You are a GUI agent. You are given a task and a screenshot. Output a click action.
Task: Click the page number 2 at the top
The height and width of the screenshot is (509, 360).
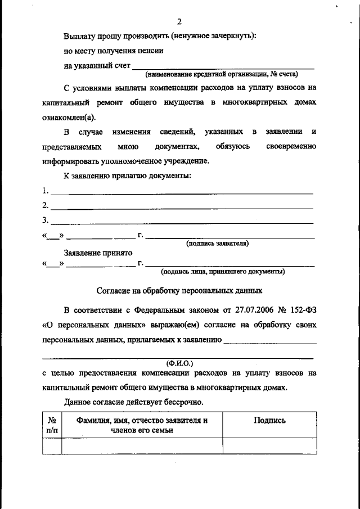point(179,22)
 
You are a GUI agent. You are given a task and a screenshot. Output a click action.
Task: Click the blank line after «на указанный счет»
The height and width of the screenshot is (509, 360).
point(222,67)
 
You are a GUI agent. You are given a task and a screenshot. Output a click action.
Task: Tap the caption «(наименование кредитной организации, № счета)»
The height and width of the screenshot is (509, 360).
point(222,74)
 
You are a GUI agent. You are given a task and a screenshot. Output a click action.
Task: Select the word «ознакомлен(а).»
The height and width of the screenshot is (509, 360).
point(69,117)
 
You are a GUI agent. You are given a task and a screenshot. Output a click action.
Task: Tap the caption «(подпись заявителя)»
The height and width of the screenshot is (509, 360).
point(218,244)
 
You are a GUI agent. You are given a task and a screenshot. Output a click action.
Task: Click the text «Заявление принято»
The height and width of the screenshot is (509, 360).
point(97,253)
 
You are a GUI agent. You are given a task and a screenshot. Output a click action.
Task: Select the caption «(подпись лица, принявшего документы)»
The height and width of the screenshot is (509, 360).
point(222,271)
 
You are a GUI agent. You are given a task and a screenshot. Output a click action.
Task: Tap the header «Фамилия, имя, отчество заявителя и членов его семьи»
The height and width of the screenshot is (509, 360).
point(142,425)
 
